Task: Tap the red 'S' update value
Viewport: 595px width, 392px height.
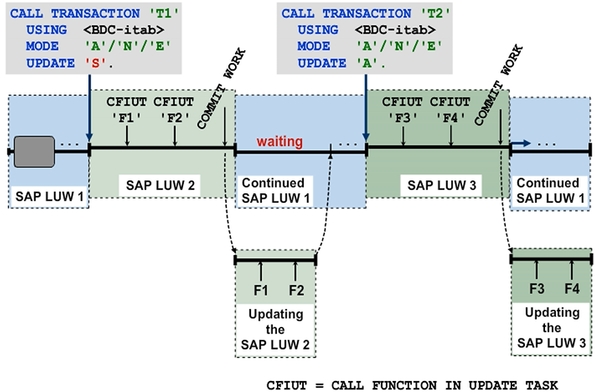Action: (x=90, y=62)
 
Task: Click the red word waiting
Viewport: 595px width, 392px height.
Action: (x=280, y=142)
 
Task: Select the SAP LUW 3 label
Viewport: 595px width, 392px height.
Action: (x=435, y=185)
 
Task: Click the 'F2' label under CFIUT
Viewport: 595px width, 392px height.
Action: (x=175, y=117)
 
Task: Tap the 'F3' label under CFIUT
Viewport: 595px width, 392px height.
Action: (x=403, y=117)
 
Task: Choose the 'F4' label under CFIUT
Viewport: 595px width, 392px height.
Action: (x=451, y=117)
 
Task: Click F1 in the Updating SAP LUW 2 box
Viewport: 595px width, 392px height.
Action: (x=260, y=290)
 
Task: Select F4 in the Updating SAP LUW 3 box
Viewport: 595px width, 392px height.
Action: (x=572, y=289)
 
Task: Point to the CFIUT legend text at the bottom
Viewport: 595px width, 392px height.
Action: (x=412, y=384)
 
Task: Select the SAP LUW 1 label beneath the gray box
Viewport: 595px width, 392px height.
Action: (x=48, y=198)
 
